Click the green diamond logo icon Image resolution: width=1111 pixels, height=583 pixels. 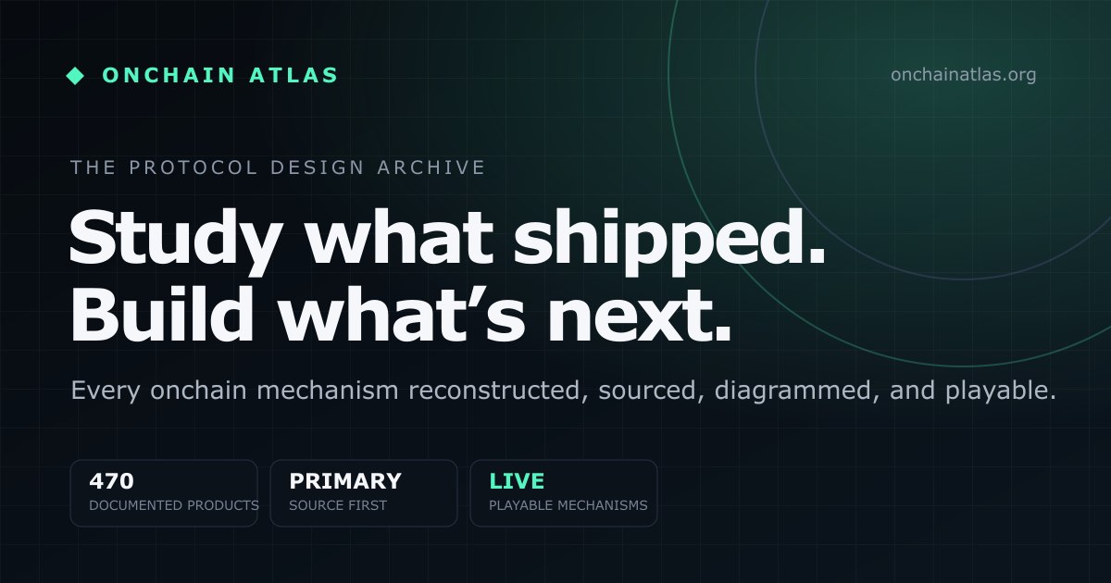(x=75, y=76)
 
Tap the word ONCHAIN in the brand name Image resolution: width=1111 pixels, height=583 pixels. (x=169, y=75)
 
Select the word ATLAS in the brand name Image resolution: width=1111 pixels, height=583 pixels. (x=293, y=75)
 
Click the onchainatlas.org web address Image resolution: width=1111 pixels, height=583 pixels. (x=963, y=75)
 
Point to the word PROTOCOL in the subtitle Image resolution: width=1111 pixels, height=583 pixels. (x=193, y=167)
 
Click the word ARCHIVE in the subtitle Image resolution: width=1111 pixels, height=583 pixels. (x=431, y=167)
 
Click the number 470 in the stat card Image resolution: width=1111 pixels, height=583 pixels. (x=112, y=481)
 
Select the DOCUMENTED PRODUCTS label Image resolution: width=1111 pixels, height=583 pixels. (x=174, y=505)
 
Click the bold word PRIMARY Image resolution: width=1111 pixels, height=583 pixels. (x=345, y=481)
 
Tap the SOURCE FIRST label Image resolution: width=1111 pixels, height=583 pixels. (x=338, y=505)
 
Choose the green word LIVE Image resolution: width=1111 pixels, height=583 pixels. (x=517, y=481)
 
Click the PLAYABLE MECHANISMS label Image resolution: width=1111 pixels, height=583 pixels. (x=568, y=505)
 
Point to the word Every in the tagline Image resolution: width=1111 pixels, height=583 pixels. (x=106, y=391)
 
